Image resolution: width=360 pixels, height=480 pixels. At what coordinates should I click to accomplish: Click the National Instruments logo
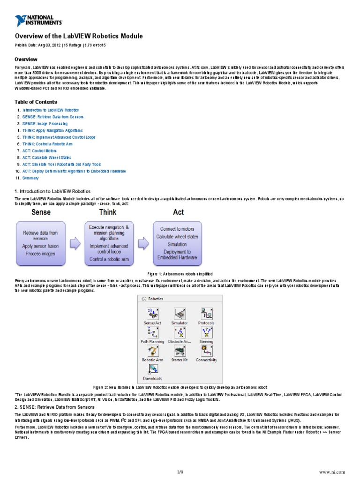coord(38,20)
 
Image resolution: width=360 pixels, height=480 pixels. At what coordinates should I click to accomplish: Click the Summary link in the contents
coord(30,178)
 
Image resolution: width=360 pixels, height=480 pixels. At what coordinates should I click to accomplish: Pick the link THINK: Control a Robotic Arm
coord(50,144)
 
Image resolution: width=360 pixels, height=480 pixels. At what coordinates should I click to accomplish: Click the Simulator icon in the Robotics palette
coord(179,314)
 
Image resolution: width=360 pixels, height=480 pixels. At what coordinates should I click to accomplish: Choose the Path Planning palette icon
coord(152,333)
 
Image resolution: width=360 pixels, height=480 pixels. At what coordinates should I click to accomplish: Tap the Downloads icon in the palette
coord(152,369)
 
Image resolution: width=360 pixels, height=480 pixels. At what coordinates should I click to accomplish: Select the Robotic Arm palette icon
coord(152,351)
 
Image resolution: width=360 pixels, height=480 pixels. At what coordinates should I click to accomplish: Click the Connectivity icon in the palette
coord(206,351)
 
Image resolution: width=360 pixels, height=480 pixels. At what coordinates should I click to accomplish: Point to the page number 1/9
coord(180,472)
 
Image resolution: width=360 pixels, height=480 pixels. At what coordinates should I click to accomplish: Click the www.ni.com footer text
coord(331,472)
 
